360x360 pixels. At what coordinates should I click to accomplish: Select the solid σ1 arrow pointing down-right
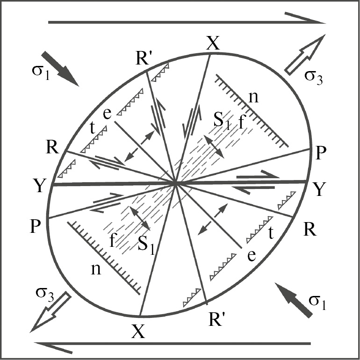[x=60, y=69]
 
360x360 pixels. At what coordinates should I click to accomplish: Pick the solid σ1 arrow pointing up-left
[x=294, y=300]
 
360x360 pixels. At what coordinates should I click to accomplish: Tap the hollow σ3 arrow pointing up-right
[x=305, y=55]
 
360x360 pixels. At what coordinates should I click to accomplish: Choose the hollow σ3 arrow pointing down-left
[x=50, y=312]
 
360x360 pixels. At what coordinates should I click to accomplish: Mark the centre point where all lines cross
[x=175, y=184]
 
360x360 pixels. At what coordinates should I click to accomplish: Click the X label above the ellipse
[x=213, y=43]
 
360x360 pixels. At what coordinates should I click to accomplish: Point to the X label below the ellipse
[x=138, y=331]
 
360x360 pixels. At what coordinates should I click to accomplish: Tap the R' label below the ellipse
[x=216, y=319]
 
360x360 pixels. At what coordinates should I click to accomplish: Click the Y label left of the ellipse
[x=39, y=186]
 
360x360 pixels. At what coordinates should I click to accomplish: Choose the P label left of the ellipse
[x=36, y=226]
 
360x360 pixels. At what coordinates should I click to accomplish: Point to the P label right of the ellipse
[x=321, y=153]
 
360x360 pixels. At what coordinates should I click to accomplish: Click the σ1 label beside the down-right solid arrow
[x=41, y=72]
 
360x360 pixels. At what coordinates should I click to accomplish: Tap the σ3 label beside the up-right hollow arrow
[x=314, y=77]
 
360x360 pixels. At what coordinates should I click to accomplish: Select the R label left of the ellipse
[x=52, y=147]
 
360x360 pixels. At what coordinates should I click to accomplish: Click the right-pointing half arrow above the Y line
[x=258, y=175]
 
